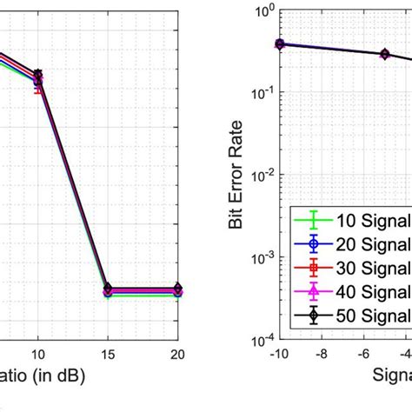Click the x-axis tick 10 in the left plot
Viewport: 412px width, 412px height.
point(37,355)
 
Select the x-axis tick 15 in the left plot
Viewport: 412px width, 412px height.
point(108,355)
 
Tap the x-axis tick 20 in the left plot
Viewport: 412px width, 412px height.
point(178,355)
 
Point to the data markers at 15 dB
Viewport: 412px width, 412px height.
point(108,290)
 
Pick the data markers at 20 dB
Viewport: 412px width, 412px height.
point(178,290)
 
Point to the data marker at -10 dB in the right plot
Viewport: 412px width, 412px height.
point(279,43)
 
